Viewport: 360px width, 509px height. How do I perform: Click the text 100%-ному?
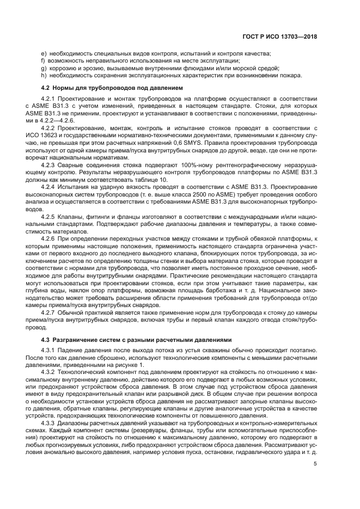pyautogui.click(x=174, y=164)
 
